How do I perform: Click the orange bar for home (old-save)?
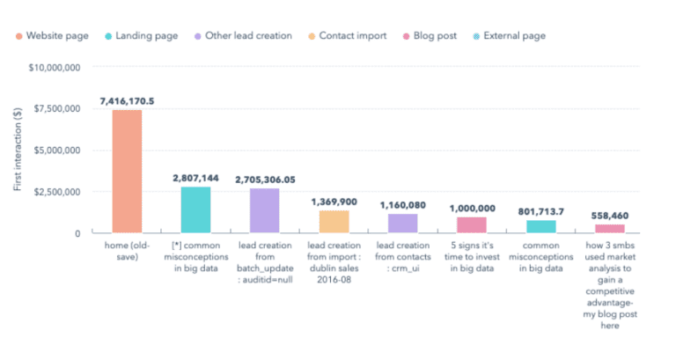pos(127,171)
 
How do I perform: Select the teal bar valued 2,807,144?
pos(195,209)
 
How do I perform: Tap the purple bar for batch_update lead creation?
pos(265,210)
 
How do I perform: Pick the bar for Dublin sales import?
pos(334,221)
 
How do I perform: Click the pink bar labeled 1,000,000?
pos(472,224)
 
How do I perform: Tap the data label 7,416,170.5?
pos(127,101)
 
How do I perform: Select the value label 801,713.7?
pos(540,211)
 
